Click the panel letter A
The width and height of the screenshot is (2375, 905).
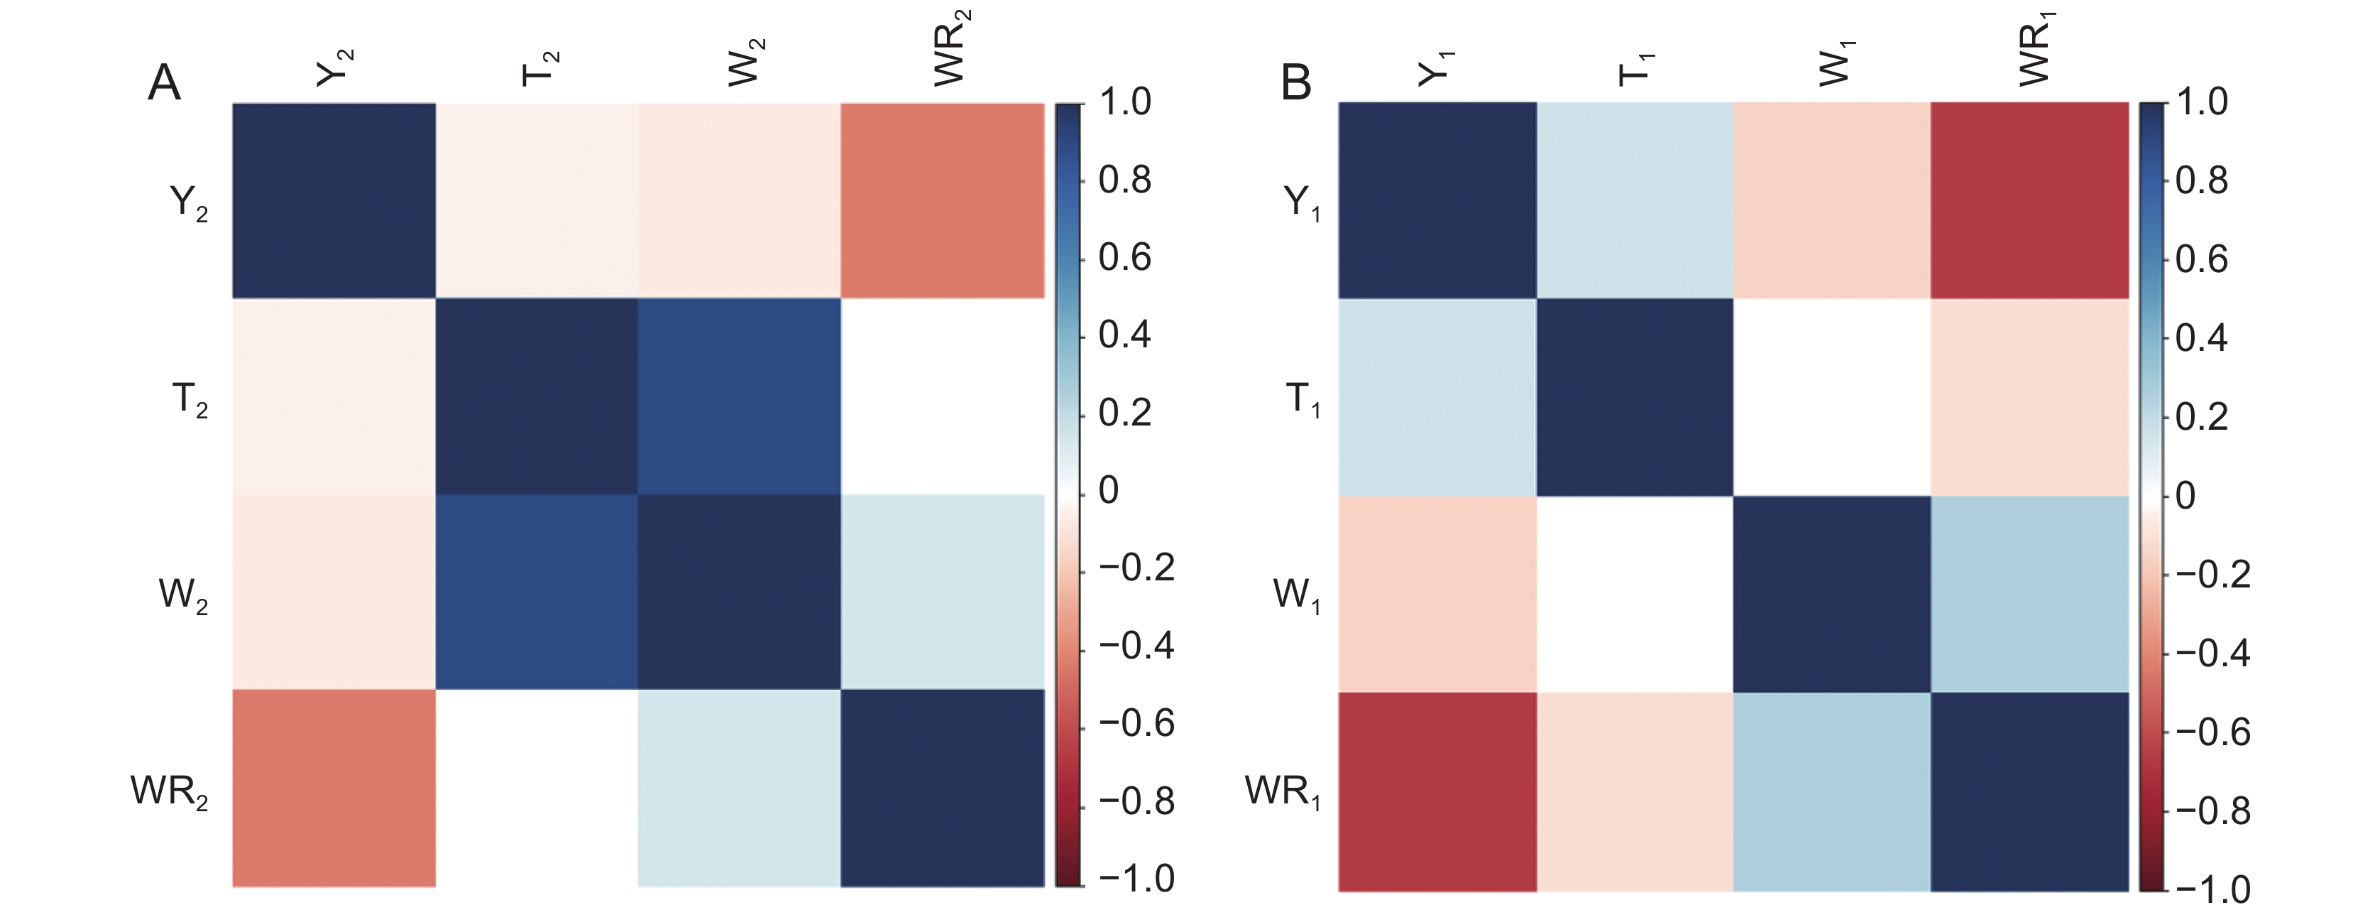tap(164, 83)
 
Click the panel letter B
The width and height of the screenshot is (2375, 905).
tap(1295, 83)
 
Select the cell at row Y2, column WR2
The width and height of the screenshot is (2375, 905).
tap(942, 200)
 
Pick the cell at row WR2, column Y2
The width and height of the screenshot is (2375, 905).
tap(334, 788)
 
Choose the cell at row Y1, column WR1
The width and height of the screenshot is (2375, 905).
tap(2029, 200)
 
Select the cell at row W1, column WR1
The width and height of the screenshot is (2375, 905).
tap(2029, 594)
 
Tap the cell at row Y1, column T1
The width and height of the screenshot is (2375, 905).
tap(1634, 200)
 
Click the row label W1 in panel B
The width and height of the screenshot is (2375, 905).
tap(1296, 596)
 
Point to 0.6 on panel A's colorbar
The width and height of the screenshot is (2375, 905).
tap(1125, 256)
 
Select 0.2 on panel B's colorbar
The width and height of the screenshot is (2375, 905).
tap(2202, 417)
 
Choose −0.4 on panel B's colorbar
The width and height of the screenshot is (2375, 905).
tap(2212, 653)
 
